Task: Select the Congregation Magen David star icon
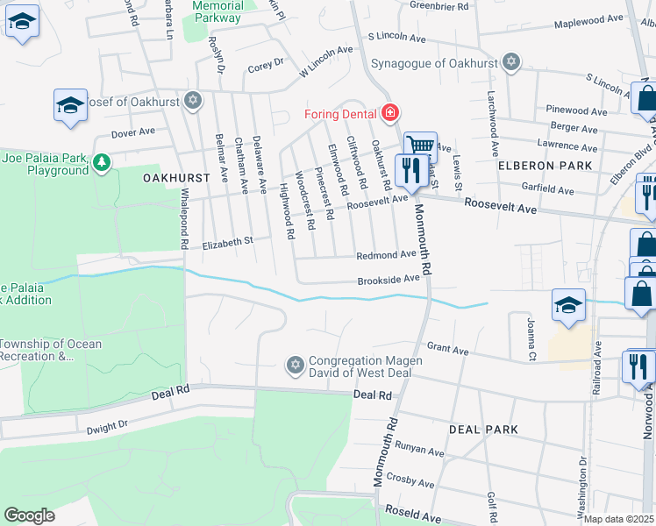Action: [x=296, y=364]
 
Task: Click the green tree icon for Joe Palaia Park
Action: [x=103, y=162]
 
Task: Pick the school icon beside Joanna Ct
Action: [x=568, y=306]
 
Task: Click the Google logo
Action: [x=29, y=515]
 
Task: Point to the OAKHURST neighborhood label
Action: [x=176, y=177]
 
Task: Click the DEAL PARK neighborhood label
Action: [x=483, y=430]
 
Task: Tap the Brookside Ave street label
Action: [x=388, y=280]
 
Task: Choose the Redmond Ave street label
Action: [x=385, y=254]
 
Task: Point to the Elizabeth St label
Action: [x=227, y=240]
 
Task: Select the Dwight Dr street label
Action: [x=107, y=427]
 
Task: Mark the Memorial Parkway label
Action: [x=217, y=11]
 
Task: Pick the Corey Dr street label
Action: [x=266, y=63]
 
